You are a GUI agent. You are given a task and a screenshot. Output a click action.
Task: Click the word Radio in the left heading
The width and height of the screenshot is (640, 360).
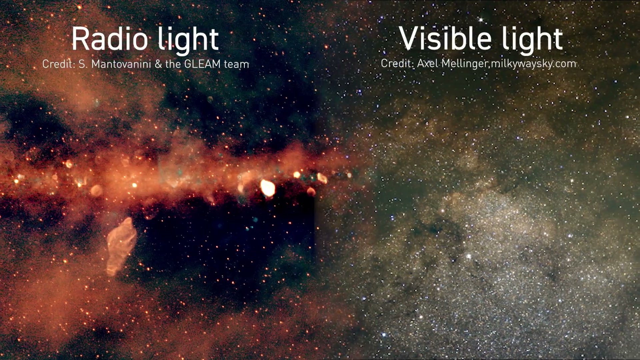point(110,39)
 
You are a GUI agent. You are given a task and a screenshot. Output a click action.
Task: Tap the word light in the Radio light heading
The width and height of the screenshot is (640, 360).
point(188,40)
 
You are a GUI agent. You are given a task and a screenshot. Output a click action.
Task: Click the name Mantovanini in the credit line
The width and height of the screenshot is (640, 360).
point(121,64)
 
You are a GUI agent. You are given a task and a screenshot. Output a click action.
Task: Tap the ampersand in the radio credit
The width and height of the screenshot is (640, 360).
point(158,64)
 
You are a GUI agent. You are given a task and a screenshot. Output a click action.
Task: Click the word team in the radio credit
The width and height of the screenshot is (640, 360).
point(236,64)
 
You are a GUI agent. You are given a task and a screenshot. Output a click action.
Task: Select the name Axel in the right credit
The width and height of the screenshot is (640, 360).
point(428,63)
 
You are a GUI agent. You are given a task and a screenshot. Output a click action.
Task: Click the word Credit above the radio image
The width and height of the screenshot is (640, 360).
point(59,64)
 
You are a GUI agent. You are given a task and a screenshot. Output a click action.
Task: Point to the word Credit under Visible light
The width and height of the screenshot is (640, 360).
point(397,63)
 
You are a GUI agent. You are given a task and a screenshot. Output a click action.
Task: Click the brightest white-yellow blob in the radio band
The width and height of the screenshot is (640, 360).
point(267,188)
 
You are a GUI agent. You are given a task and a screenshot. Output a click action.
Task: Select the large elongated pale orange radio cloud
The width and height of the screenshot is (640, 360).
point(121,246)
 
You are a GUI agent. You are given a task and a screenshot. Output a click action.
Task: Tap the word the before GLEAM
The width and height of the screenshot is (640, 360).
point(173,64)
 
